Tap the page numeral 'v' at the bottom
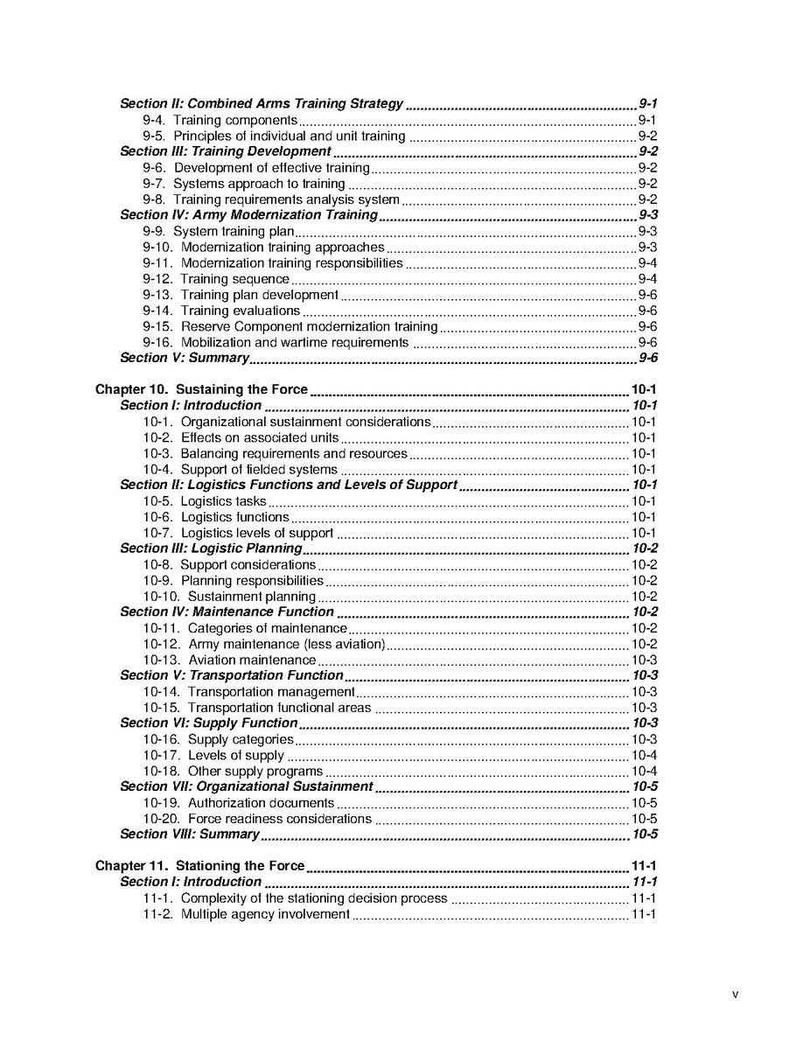point(735,994)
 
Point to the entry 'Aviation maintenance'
point(252,660)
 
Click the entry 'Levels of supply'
point(235,756)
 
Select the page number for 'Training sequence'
point(647,279)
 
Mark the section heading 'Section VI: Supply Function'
point(208,723)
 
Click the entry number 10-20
point(162,820)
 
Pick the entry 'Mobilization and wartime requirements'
point(294,343)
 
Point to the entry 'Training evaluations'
point(240,311)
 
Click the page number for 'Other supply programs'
point(644,772)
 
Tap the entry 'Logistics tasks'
point(223,502)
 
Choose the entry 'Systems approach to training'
point(258,184)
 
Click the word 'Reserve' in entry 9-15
point(206,327)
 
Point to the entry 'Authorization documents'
point(261,803)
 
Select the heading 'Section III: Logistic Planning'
point(211,549)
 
